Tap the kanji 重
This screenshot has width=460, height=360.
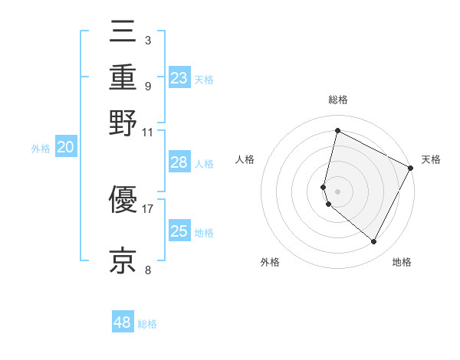point(123,79)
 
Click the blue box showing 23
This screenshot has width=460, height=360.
point(179,78)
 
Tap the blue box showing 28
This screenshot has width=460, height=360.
point(179,163)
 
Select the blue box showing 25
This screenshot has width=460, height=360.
point(179,231)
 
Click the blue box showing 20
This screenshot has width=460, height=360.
point(65,148)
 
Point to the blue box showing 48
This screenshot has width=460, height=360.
point(123,322)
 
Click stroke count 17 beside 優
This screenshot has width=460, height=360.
point(147,208)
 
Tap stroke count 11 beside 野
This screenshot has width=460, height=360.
point(147,132)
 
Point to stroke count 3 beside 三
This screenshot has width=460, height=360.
point(147,40)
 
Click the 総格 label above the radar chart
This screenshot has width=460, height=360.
point(338,100)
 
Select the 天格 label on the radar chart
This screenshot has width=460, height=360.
point(431,159)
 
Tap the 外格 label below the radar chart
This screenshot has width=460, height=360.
point(269,263)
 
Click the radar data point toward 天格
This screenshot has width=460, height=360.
point(411,168)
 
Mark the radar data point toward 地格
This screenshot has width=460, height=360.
point(373,241)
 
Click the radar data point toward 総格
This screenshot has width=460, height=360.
point(337,131)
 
